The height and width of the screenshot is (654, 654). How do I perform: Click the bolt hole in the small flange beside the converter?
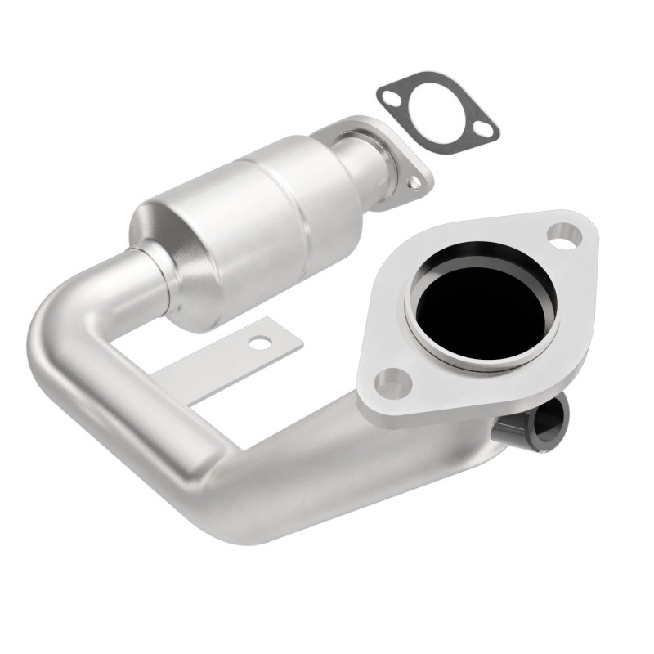416,184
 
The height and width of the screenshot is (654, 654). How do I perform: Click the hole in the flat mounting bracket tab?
260,343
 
